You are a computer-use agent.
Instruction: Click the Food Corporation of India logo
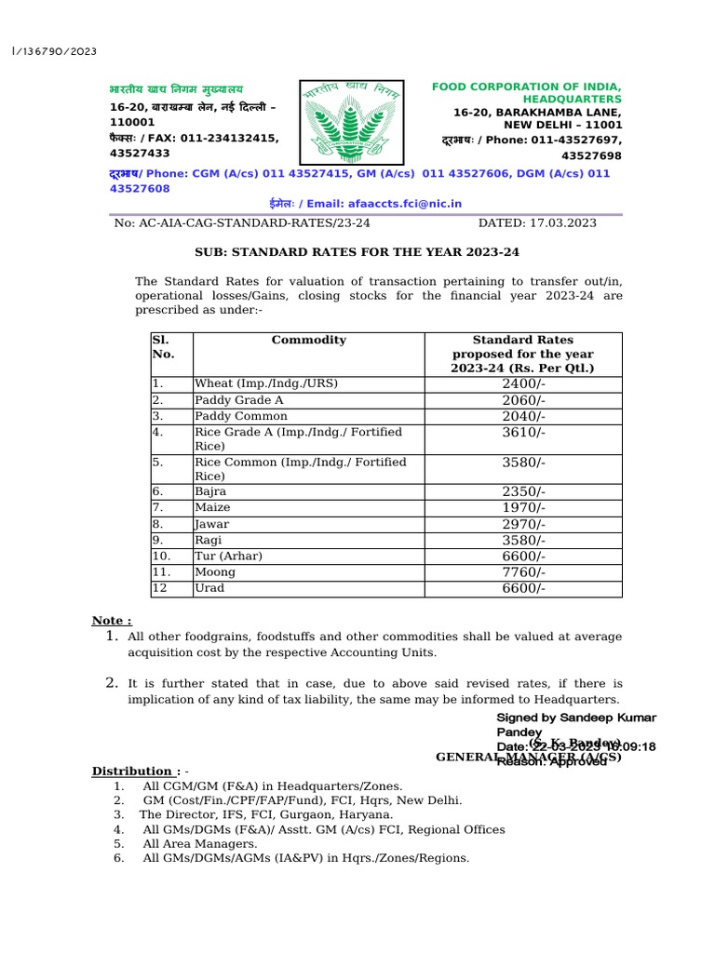coord(354,122)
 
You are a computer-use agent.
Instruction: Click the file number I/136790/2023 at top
coord(54,51)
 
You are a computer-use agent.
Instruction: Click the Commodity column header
coord(308,341)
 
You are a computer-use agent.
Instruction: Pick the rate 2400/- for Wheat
coord(523,383)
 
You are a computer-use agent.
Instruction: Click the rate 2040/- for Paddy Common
coord(523,417)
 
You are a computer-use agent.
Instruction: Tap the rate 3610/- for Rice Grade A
coord(523,433)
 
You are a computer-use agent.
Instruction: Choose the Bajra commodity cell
coord(210,491)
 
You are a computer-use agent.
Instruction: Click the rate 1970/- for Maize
coord(523,508)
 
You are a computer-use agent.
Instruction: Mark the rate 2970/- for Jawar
coord(523,524)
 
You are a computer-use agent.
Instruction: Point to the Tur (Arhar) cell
coord(228,557)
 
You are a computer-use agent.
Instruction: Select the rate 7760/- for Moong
coord(523,572)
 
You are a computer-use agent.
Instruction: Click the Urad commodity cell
coord(209,588)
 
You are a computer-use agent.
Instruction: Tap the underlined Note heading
coord(111,621)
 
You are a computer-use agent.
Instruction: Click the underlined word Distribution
coord(132,771)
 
